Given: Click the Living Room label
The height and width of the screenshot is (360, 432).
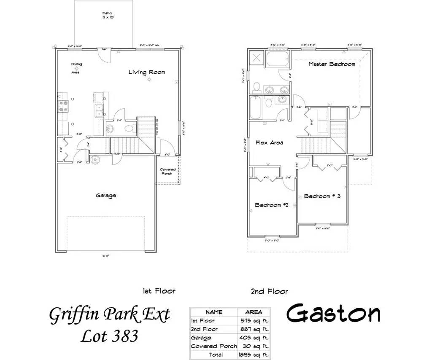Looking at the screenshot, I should pos(147,73).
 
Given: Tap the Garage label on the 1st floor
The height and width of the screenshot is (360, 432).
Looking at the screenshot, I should pos(105,196).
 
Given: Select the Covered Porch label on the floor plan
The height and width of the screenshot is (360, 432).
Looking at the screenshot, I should pos(167,172).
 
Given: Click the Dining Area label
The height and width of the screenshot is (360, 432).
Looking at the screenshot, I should pos(76,68).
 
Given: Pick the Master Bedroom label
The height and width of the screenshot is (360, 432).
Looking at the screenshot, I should pos(332,64).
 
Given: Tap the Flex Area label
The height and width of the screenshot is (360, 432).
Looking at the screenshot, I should pos(269,143).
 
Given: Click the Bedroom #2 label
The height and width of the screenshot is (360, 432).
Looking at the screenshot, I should pos(271,205).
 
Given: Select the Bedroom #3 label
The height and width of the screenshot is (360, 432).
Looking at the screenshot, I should pos(322,196).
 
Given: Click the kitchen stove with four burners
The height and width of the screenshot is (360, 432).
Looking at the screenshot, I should pos(63,105).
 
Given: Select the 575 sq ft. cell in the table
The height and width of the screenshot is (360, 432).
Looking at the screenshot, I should pos(253,321).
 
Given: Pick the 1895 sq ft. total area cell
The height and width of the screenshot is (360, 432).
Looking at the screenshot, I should pos(253,355).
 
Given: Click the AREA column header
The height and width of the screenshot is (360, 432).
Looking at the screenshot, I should pos(253,312).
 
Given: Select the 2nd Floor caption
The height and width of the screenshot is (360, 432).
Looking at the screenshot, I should pos(269,291).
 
